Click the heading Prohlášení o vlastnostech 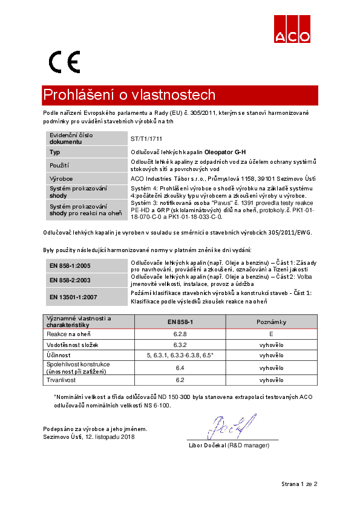129,96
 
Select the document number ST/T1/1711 147,138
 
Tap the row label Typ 55,152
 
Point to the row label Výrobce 61,179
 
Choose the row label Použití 59,165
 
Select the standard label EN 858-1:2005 70,265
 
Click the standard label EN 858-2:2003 70,279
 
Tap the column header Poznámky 271,322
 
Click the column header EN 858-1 180,322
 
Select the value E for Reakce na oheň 271,333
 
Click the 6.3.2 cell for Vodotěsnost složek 180,344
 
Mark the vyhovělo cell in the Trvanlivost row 271,380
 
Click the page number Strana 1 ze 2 299,484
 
